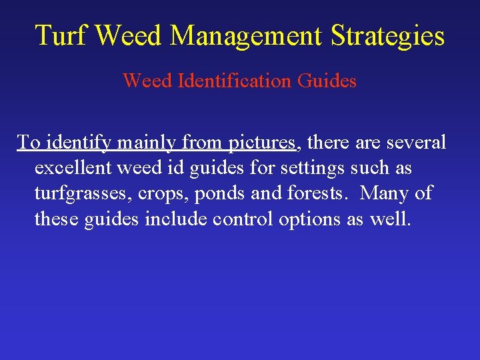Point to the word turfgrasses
[x=86, y=193]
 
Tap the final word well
[x=390, y=219]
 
